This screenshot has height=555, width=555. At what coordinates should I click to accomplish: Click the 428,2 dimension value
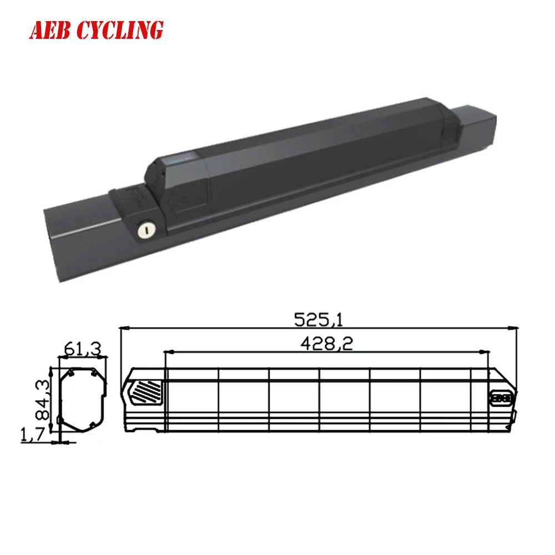point(327,344)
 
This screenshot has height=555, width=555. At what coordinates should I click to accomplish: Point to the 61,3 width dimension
point(83,349)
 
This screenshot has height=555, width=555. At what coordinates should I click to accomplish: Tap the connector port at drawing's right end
point(502,397)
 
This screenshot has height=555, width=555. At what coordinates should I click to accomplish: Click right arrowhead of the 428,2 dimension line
point(486,352)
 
